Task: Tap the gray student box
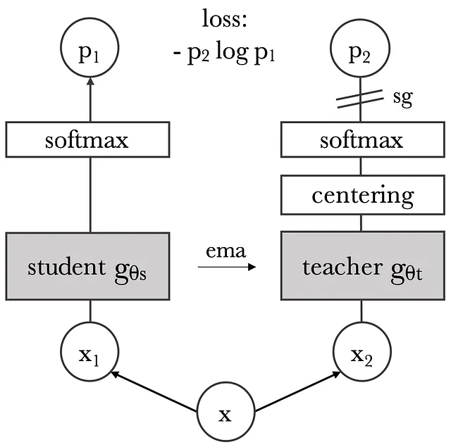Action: tap(87, 266)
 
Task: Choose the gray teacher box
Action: tap(363, 265)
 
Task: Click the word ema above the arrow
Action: tap(225, 251)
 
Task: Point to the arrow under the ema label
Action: tap(227, 267)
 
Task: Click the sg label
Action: tap(402, 99)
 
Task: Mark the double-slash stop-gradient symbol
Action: tap(360, 99)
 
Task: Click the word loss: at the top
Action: tap(225, 19)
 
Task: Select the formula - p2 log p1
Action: tap(224, 53)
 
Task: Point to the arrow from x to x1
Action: tap(154, 391)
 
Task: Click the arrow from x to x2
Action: tap(297, 391)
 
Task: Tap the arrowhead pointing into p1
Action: tap(90, 81)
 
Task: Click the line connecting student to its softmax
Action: tap(90, 195)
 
